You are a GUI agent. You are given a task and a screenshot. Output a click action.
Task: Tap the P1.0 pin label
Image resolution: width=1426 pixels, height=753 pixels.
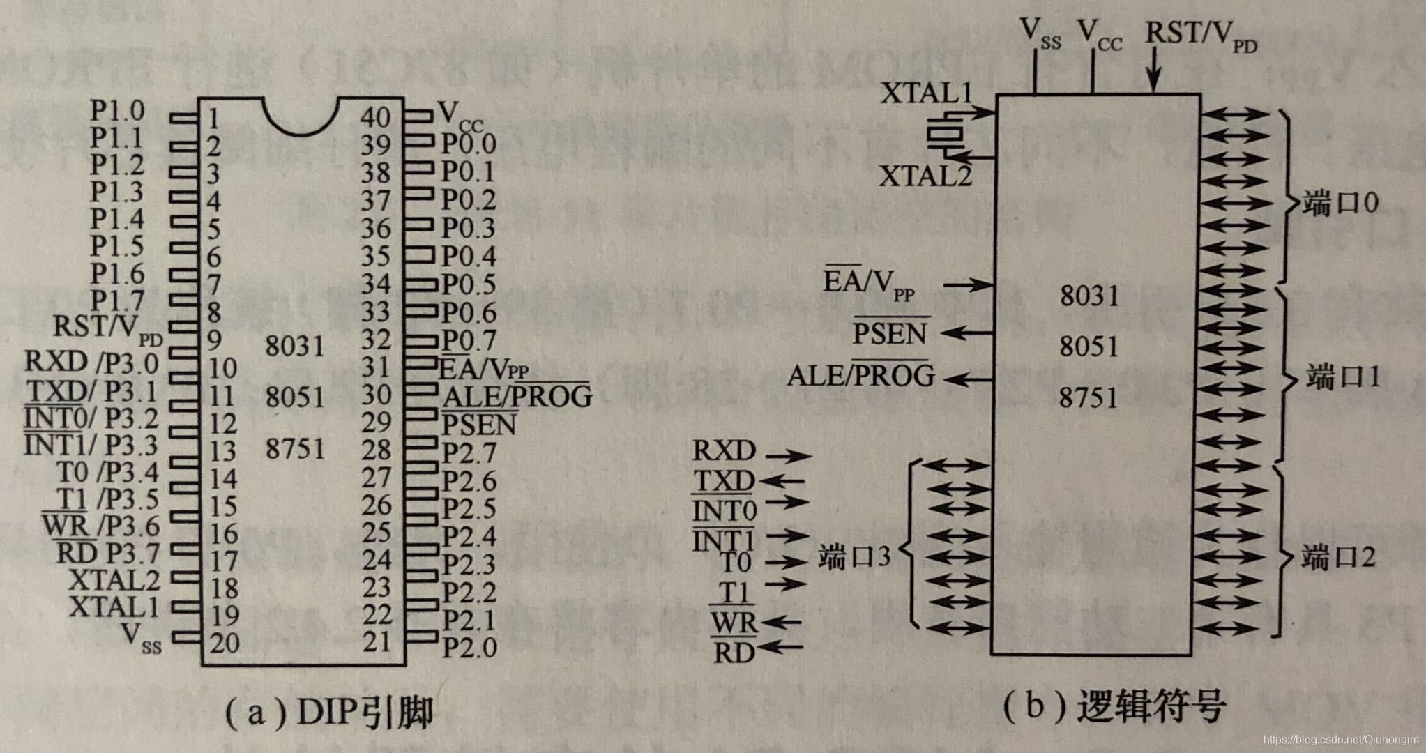tap(117, 110)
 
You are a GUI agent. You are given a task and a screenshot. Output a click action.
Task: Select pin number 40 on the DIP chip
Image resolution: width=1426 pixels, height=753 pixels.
tap(375, 116)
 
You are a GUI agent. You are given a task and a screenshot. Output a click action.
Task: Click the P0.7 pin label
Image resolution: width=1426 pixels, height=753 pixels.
tap(469, 340)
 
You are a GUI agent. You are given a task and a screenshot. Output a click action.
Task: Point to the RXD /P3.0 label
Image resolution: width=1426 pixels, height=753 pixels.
tap(91, 362)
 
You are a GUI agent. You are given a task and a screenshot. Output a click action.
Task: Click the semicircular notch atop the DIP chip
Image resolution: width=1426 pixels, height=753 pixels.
tap(301, 116)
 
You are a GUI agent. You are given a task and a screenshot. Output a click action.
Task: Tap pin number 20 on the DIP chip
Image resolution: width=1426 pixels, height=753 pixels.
tap(225, 642)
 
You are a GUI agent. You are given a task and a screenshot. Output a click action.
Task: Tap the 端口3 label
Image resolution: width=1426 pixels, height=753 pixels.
tap(854, 558)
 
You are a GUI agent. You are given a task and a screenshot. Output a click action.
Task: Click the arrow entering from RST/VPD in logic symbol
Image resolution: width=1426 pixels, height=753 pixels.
tap(1154, 74)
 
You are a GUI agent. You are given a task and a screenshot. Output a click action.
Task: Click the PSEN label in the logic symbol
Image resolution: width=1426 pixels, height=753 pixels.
tap(890, 333)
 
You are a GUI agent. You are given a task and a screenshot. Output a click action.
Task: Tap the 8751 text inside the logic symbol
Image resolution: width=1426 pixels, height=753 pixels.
tap(1089, 398)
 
